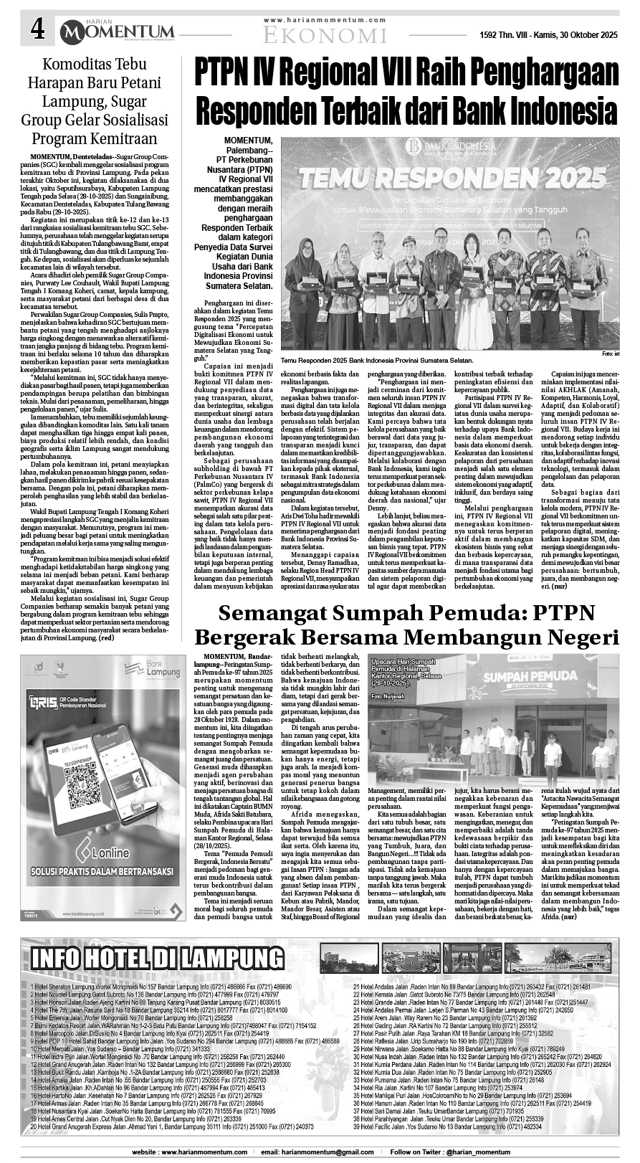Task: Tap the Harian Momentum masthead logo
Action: coord(118,30)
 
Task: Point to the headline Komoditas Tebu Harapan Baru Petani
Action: coord(104,74)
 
